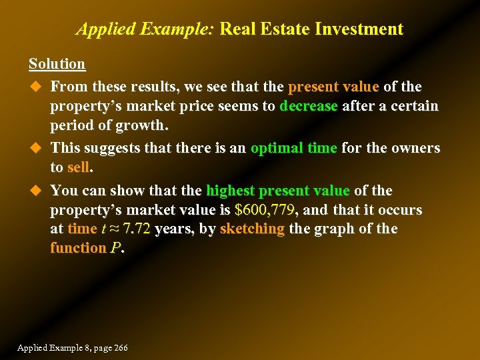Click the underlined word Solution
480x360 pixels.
coord(57,64)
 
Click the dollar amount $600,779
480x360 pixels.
coord(265,210)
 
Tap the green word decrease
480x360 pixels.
coord(309,106)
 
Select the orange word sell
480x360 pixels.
coord(78,167)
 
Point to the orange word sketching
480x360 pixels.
coord(252,229)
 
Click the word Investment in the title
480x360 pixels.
coord(359,29)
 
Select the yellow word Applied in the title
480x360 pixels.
coord(100,29)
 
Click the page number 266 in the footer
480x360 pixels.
coord(120,348)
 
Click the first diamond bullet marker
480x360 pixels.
coord(35,87)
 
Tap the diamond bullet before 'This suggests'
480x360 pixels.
coord(35,147)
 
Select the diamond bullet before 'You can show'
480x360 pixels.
coord(35,191)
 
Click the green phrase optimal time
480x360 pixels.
coord(293,147)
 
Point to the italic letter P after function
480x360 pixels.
coord(115,247)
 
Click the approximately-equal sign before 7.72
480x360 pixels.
coord(113,229)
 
